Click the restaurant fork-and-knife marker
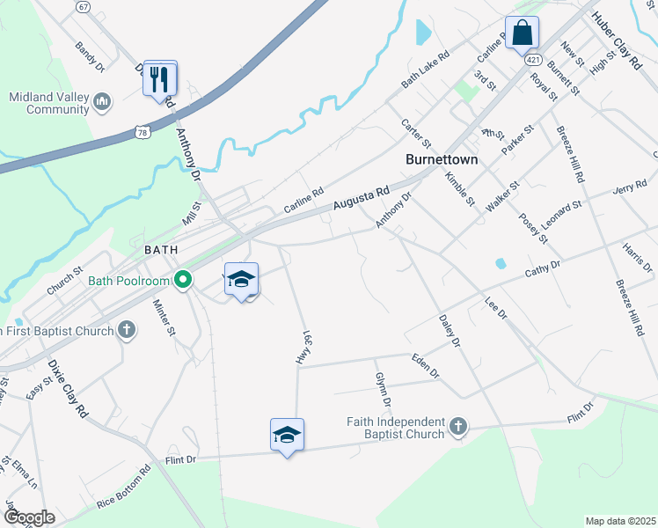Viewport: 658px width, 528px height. [x=160, y=78]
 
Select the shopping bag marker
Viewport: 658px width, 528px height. [x=522, y=33]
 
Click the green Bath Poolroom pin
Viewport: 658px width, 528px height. [x=183, y=281]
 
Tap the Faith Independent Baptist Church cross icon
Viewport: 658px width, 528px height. [x=457, y=427]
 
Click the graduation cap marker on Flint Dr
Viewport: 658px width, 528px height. [x=287, y=435]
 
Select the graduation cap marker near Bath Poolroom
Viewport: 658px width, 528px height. [x=242, y=280]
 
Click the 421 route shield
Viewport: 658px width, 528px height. [x=534, y=60]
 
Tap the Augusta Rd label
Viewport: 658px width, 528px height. [x=361, y=199]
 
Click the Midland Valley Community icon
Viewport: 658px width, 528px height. [x=103, y=103]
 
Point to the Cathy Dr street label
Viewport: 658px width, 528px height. [x=542, y=268]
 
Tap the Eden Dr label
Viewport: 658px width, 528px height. [x=425, y=365]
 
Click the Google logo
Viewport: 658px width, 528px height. [x=29, y=517]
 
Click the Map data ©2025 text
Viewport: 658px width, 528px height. [x=620, y=521]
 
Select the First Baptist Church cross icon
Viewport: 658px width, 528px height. [x=127, y=331]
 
